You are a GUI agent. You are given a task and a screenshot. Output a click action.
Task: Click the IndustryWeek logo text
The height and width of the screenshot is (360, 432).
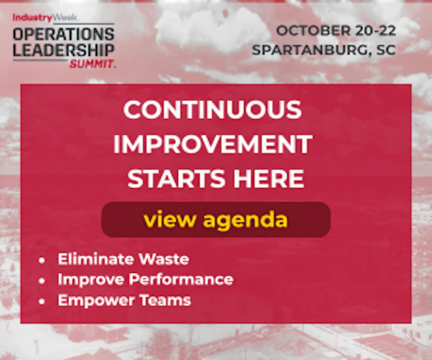[x=45, y=18]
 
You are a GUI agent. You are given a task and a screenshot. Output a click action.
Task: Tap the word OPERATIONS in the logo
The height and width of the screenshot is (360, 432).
[x=63, y=34]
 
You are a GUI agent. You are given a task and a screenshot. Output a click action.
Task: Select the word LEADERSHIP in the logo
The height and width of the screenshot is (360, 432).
[x=63, y=50]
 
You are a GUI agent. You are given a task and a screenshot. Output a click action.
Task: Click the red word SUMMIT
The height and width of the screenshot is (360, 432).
[x=92, y=64]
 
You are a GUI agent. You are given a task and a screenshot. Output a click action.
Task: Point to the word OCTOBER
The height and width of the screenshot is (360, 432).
[x=314, y=31]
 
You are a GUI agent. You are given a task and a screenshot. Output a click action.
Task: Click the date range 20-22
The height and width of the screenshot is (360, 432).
[x=376, y=31]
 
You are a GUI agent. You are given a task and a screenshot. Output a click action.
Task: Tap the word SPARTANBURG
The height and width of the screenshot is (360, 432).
[x=310, y=50]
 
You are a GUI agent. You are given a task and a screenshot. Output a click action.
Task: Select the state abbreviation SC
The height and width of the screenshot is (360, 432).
[x=386, y=50]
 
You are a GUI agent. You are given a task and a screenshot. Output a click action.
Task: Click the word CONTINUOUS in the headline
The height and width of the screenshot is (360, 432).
[x=212, y=110]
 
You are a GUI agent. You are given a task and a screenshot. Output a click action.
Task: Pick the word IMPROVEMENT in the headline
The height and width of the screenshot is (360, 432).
[x=213, y=144]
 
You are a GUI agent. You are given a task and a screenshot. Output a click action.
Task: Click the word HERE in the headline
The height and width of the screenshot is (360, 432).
[x=269, y=179]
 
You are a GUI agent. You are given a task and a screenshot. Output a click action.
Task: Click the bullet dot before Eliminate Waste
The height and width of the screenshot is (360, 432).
[x=42, y=260]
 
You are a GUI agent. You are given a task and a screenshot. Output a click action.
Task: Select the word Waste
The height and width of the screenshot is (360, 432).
[x=163, y=259]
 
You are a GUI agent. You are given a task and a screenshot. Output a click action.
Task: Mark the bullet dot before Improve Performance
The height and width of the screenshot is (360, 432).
[x=42, y=281]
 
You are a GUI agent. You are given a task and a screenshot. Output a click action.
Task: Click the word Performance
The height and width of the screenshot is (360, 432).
[x=181, y=279]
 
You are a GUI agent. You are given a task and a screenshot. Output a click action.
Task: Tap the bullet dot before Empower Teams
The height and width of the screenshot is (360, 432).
[x=42, y=301]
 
